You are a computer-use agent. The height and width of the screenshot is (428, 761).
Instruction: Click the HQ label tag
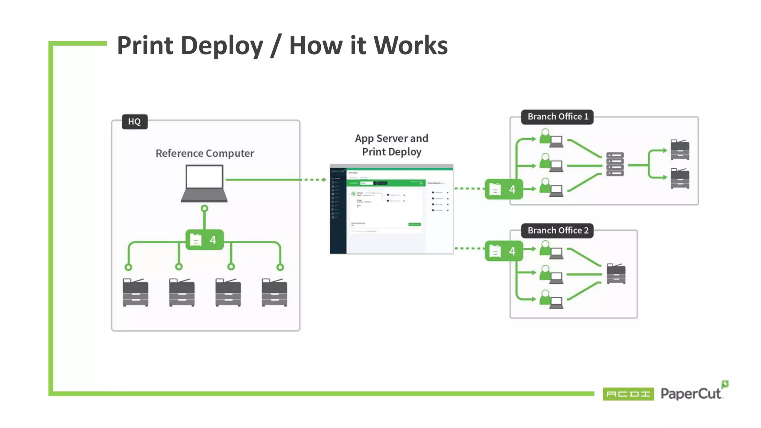click(x=135, y=121)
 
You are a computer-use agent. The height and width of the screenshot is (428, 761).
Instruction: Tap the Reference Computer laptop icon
click(x=204, y=183)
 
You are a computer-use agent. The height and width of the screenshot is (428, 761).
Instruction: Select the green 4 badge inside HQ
click(x=204, y=240)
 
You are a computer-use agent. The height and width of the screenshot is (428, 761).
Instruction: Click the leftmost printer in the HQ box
click(x=135, y=292)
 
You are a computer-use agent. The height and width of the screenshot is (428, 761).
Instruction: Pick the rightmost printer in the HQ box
click(x=274, y=292)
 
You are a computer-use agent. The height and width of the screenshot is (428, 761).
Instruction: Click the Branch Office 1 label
click(x=557, y=117)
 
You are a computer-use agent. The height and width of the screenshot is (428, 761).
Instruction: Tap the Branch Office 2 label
click(x=557, y=230)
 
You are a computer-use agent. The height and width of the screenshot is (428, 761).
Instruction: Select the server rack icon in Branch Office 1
click(x=615, y=164)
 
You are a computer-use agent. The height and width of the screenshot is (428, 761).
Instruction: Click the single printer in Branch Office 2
click(x=616, y=273)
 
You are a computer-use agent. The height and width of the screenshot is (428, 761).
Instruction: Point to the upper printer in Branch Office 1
click(x=680, y=150)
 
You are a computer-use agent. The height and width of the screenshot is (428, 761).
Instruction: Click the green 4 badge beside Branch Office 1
click(x=503, y=189)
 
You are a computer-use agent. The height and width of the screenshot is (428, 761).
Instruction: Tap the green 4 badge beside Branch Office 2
click(x=503, y=251)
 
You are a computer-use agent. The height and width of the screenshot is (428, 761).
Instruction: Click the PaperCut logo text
click(x=691, y=393)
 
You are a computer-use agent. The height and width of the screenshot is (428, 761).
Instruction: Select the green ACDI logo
click(x=628, y=394)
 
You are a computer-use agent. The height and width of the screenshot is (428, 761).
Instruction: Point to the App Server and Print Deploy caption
click(x=391, y=145)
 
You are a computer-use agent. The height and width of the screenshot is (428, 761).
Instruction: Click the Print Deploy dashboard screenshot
click(x=391, y=209)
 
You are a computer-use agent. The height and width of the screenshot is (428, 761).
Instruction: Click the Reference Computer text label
click(x=205, y=153)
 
